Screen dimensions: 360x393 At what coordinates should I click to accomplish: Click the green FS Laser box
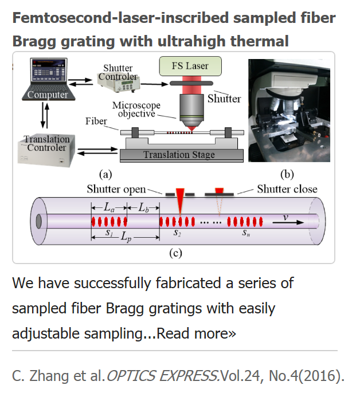(190, 66)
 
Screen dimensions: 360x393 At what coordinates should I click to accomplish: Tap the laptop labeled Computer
(48, 79)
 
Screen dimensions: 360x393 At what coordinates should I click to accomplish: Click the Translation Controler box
(46, 150)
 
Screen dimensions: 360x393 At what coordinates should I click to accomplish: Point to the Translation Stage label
(179, 155)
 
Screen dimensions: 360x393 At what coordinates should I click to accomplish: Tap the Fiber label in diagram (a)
(96, 121)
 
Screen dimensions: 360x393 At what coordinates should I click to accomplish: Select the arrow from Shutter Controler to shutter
(154, 84)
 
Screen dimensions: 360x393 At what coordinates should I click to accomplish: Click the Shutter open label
(116, 189)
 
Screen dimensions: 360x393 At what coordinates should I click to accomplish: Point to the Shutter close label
(287, 189)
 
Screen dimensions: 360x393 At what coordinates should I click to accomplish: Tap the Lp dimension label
(126, 237)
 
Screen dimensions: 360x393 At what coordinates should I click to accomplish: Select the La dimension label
(109, 207)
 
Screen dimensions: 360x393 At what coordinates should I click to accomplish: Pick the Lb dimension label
(143, 207)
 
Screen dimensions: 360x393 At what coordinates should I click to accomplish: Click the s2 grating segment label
(177, 233)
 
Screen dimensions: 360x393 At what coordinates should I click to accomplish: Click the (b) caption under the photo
(287, 174)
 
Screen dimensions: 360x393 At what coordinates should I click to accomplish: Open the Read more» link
(196, 333)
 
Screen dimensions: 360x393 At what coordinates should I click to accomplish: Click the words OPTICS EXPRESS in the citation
(162, 376)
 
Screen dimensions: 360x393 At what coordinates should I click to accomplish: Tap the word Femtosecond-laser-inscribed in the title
(121, 18)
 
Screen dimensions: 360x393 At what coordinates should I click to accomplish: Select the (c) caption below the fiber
(175, 253)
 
